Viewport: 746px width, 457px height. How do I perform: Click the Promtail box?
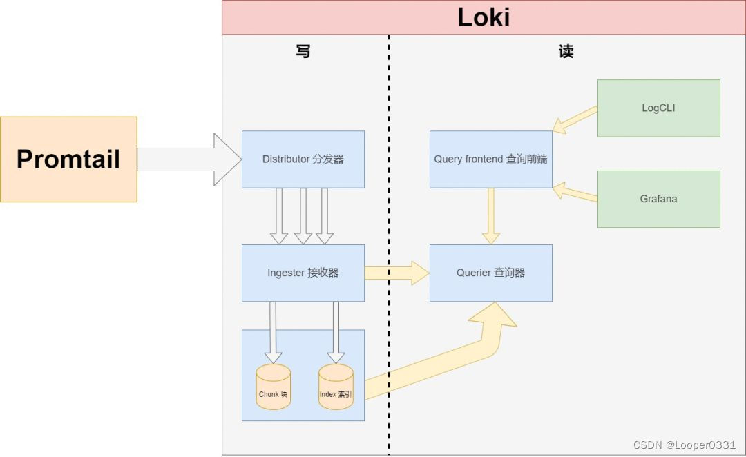pos(68,159)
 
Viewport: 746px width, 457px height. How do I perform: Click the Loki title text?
pos(484,17)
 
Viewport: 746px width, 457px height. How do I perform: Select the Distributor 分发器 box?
pos(303,159)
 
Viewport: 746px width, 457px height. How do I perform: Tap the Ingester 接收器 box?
pos(303,273)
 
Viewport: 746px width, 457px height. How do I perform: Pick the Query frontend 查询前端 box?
pos(490,159)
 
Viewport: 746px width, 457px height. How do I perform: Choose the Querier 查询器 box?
pos(490,273)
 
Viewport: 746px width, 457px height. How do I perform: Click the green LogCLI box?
pos(658,108)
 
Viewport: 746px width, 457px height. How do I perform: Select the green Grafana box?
pos(658,199)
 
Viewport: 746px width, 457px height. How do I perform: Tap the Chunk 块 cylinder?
pos(273,388)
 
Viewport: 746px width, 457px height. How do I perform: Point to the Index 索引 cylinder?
pos(336,388)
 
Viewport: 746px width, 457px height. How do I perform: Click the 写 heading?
pos(303,52)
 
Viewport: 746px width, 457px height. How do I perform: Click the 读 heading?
pos(566,52)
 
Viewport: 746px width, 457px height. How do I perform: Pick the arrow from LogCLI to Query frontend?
pos(575,119)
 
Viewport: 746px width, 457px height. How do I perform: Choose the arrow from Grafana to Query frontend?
pos(575,193)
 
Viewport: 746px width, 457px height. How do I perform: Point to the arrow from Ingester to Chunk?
pos(273,331)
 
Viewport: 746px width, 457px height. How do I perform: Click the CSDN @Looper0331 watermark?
pos(675,445)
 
